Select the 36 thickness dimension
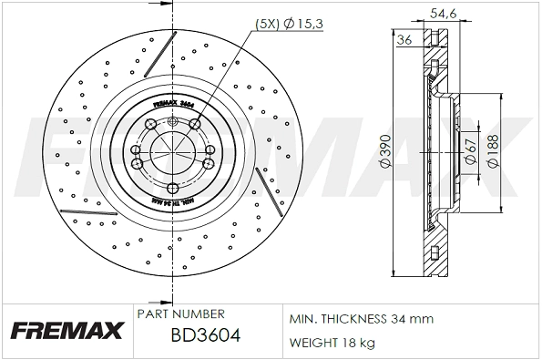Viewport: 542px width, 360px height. click(x=404, y=39)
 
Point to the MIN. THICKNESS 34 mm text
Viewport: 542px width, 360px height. click(x=361, y=319)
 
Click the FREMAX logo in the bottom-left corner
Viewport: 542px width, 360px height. click(x=66, y=330)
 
